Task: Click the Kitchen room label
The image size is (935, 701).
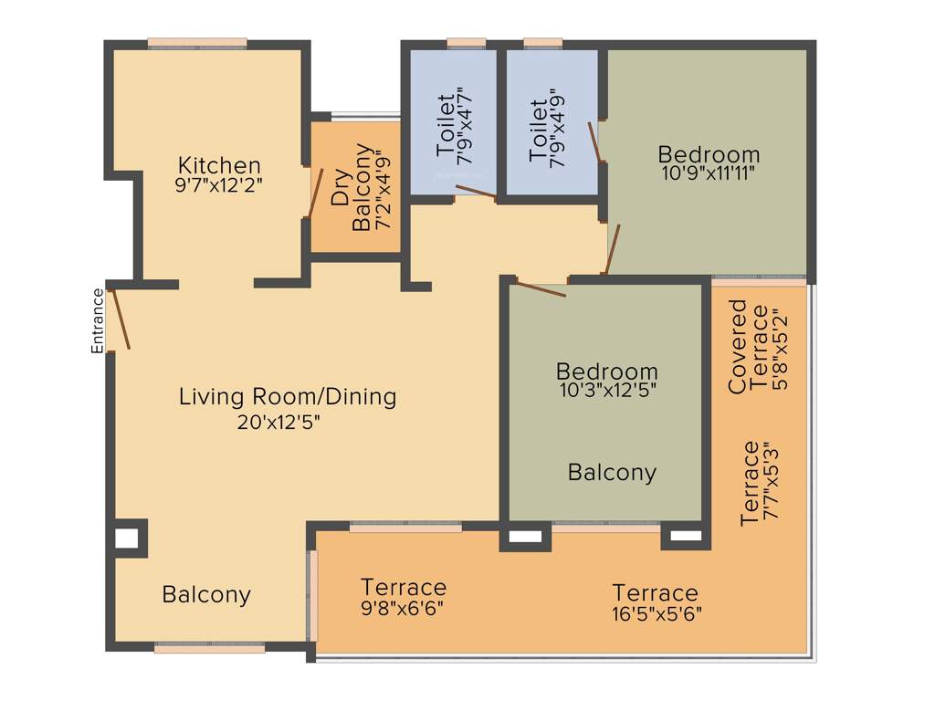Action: tap(219, 165)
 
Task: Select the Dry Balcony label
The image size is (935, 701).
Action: tap(352, 187)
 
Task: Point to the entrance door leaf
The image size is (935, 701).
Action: tap(120, 319)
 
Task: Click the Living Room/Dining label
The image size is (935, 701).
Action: tap(288, 397)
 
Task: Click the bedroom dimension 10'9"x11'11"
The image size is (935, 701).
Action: tap(709, 172)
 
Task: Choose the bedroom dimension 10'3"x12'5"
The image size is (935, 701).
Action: tap(607, 390)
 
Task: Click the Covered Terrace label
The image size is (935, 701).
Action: tap(748, 347)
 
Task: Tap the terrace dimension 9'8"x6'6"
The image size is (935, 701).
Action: tap(403, 606)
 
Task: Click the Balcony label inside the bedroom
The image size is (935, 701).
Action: tap(612, 473)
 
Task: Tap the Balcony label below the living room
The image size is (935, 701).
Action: tap(206, 595)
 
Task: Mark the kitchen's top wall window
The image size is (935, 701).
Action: tap(197, 43)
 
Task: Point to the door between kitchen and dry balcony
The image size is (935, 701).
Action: tap(315, 192)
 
